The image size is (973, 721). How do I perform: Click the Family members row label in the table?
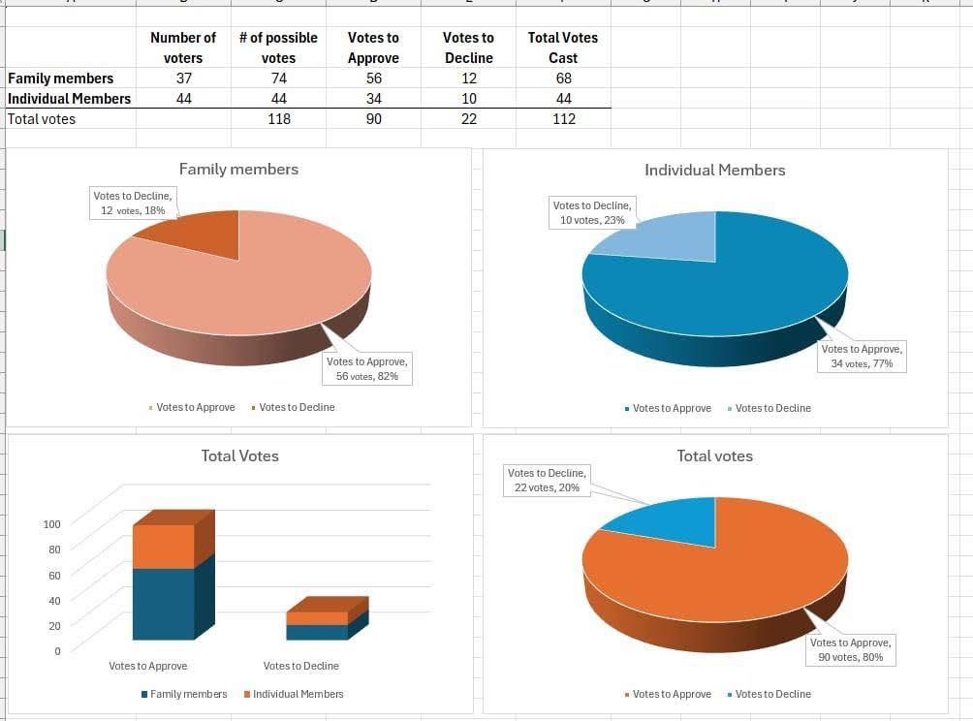pyautogui.click(x=60, y=78)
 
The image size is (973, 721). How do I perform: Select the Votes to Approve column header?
pyautogui.click(x=373, y=47)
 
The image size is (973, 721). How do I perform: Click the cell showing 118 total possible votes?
pyautogui.click(x=278, y=119)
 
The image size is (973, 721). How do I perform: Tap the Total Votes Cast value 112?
pyautogui.click(x=563, y=119)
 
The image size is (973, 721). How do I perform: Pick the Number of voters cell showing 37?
pyautogui.click(x=183, y=78)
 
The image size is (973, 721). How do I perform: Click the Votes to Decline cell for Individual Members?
pyautogui.click(x=468, y=99)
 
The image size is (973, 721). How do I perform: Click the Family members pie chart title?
pyautogui.click(x=238, y=170)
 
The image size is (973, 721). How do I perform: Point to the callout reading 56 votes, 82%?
pyautogui.click(x=367, y=368)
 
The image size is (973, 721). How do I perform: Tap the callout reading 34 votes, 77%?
pyautogui.click(x=862, y=356)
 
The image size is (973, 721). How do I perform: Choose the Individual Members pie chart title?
pyautogui.click(x=714, y=171)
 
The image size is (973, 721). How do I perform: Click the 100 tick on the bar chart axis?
pyautogui.click(x=52, y=524)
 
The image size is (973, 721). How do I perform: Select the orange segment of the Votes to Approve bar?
pyautogui.click(x=163, y=547)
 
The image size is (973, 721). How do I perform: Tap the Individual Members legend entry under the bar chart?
pyautogui.click(x=298, y=694)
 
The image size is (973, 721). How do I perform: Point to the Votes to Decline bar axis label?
pyautogui.click(x=300, y=666)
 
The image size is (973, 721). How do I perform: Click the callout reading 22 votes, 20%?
pyautogui.click(x=547, y=480)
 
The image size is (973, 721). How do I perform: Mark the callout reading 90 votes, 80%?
pyautogui.click(x=851, y=649)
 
